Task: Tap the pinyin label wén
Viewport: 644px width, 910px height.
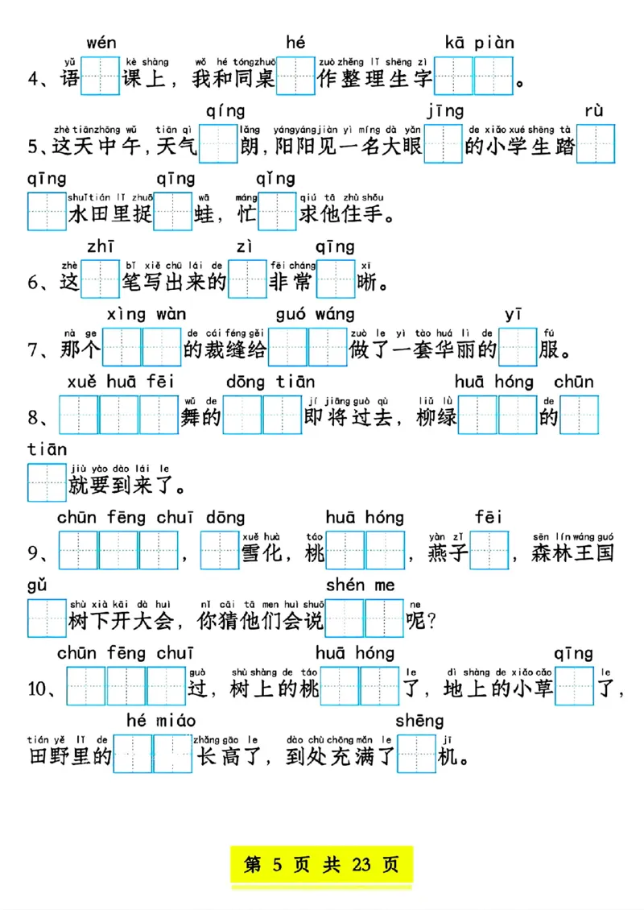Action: (101, 43)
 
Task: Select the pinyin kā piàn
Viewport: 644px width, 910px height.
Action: (479, 43)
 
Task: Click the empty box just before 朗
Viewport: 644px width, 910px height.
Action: (218, 146)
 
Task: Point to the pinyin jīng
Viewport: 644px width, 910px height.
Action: (445, 111)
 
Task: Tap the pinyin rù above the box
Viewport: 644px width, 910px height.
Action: (594, 111)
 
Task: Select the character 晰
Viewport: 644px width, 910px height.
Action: (366, 283)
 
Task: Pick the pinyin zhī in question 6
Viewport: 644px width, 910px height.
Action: (101, 246)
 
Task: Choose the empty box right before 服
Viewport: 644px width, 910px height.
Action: (518, 350)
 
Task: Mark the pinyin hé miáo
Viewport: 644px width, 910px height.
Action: (161, 719)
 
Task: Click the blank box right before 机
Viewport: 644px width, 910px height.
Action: (416, 756)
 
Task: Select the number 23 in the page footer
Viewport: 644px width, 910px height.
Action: (361, 866)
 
